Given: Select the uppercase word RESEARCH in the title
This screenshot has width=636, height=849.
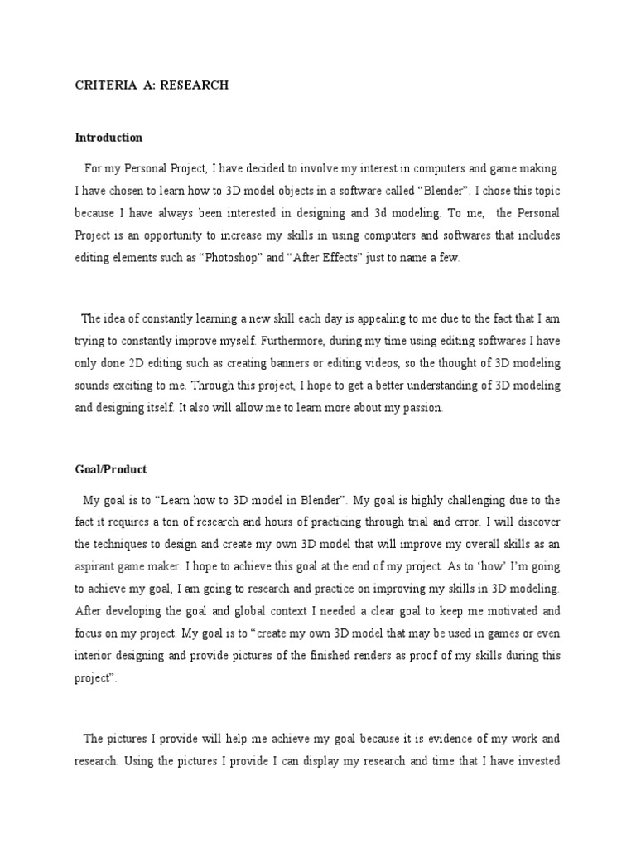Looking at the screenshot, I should tap(195, 85).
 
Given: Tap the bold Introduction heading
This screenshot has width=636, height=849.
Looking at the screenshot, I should tap(108, 138).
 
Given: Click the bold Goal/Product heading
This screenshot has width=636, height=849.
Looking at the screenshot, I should tap(111, 469).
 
